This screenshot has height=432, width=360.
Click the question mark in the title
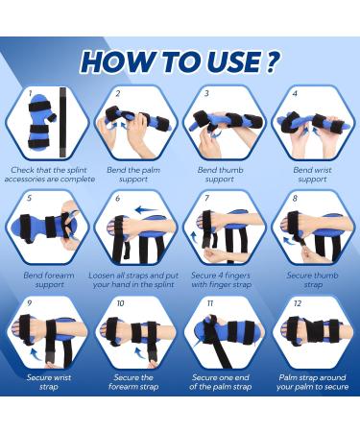click(272, 60)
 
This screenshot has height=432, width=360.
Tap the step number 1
click(30, 93)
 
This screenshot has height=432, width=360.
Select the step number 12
click(298, 303)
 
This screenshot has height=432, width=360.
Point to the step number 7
click(206, 198)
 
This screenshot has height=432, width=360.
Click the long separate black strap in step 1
click(62, 122)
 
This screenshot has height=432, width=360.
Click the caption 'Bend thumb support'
click(220, 175)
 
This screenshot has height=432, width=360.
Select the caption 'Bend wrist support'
click(312, 175)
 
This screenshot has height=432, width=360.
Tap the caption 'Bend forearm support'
click(49, 279)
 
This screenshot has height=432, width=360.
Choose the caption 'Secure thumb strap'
click(312, 279)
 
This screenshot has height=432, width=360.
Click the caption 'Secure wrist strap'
click(49, 382)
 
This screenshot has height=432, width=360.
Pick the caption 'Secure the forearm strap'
click(133, 382)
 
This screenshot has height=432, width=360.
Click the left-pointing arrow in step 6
click(146, 210)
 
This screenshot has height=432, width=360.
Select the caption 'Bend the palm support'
click(133, 175)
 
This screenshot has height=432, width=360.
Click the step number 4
click(295, 93)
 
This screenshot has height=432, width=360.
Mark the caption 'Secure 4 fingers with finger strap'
click(221, 279)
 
